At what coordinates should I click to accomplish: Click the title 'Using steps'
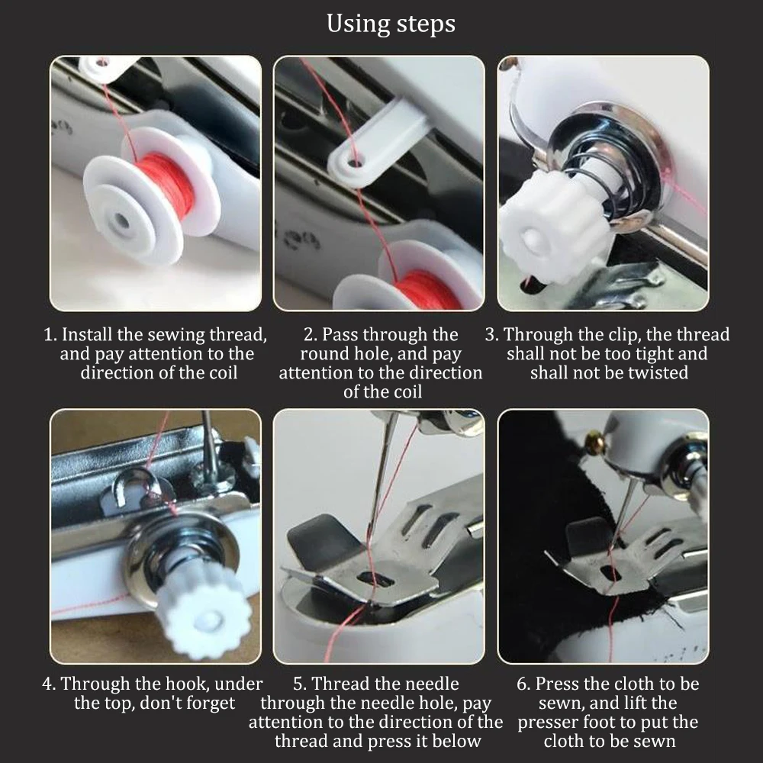pyautogui.click(x=391, y=24)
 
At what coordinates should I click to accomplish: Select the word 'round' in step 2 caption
pyautogui.click(x=324, y=354)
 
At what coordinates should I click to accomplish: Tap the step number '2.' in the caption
pyautogui.click(x=310, y=335)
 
